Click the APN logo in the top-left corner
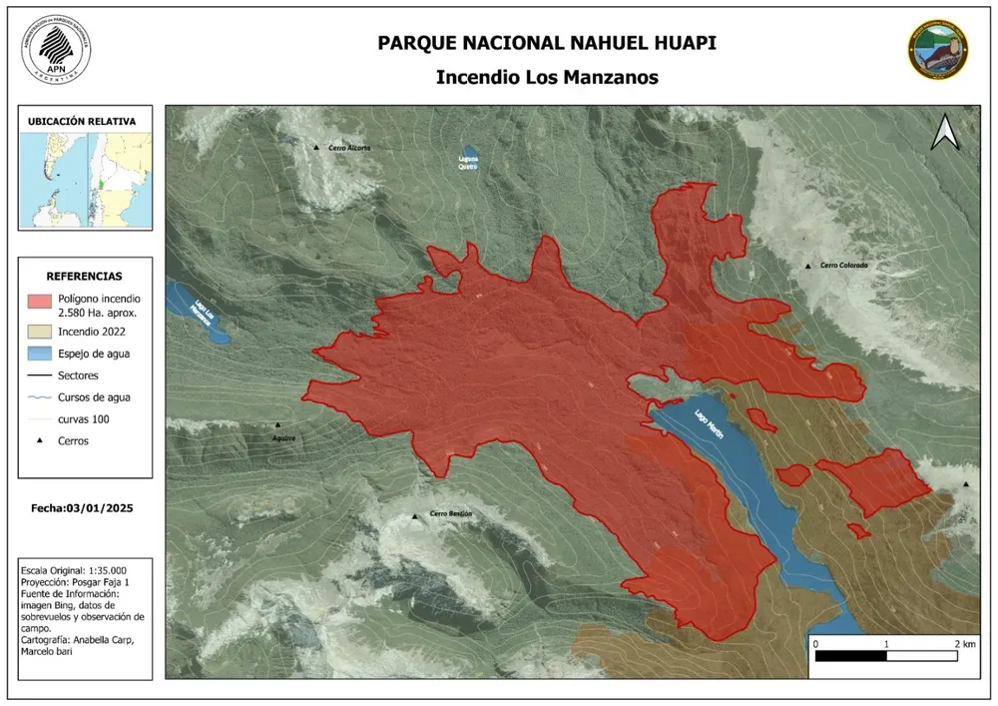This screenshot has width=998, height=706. (x=56, y=50)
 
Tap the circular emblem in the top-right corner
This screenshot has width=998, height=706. (x=937, y=50)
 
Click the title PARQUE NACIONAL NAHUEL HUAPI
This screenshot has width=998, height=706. (x=547, y=43)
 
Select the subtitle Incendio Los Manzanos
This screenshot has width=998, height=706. (x=547, y=78)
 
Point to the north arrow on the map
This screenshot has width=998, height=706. (x=944, y=133)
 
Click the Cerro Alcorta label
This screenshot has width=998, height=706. (x=348, y=148)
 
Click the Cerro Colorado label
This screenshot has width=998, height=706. (x=844, y=266)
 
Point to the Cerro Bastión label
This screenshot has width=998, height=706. (x=449, y=514)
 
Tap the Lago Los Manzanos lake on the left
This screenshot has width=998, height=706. (x=200, y=313)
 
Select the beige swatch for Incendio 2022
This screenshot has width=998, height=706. (x=39, y=331)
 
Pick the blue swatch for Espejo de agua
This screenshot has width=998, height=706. (x=39, y=353)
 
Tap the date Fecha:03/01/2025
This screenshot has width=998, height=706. (x=82, y=508)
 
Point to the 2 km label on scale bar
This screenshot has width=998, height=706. (x=963, y=642)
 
